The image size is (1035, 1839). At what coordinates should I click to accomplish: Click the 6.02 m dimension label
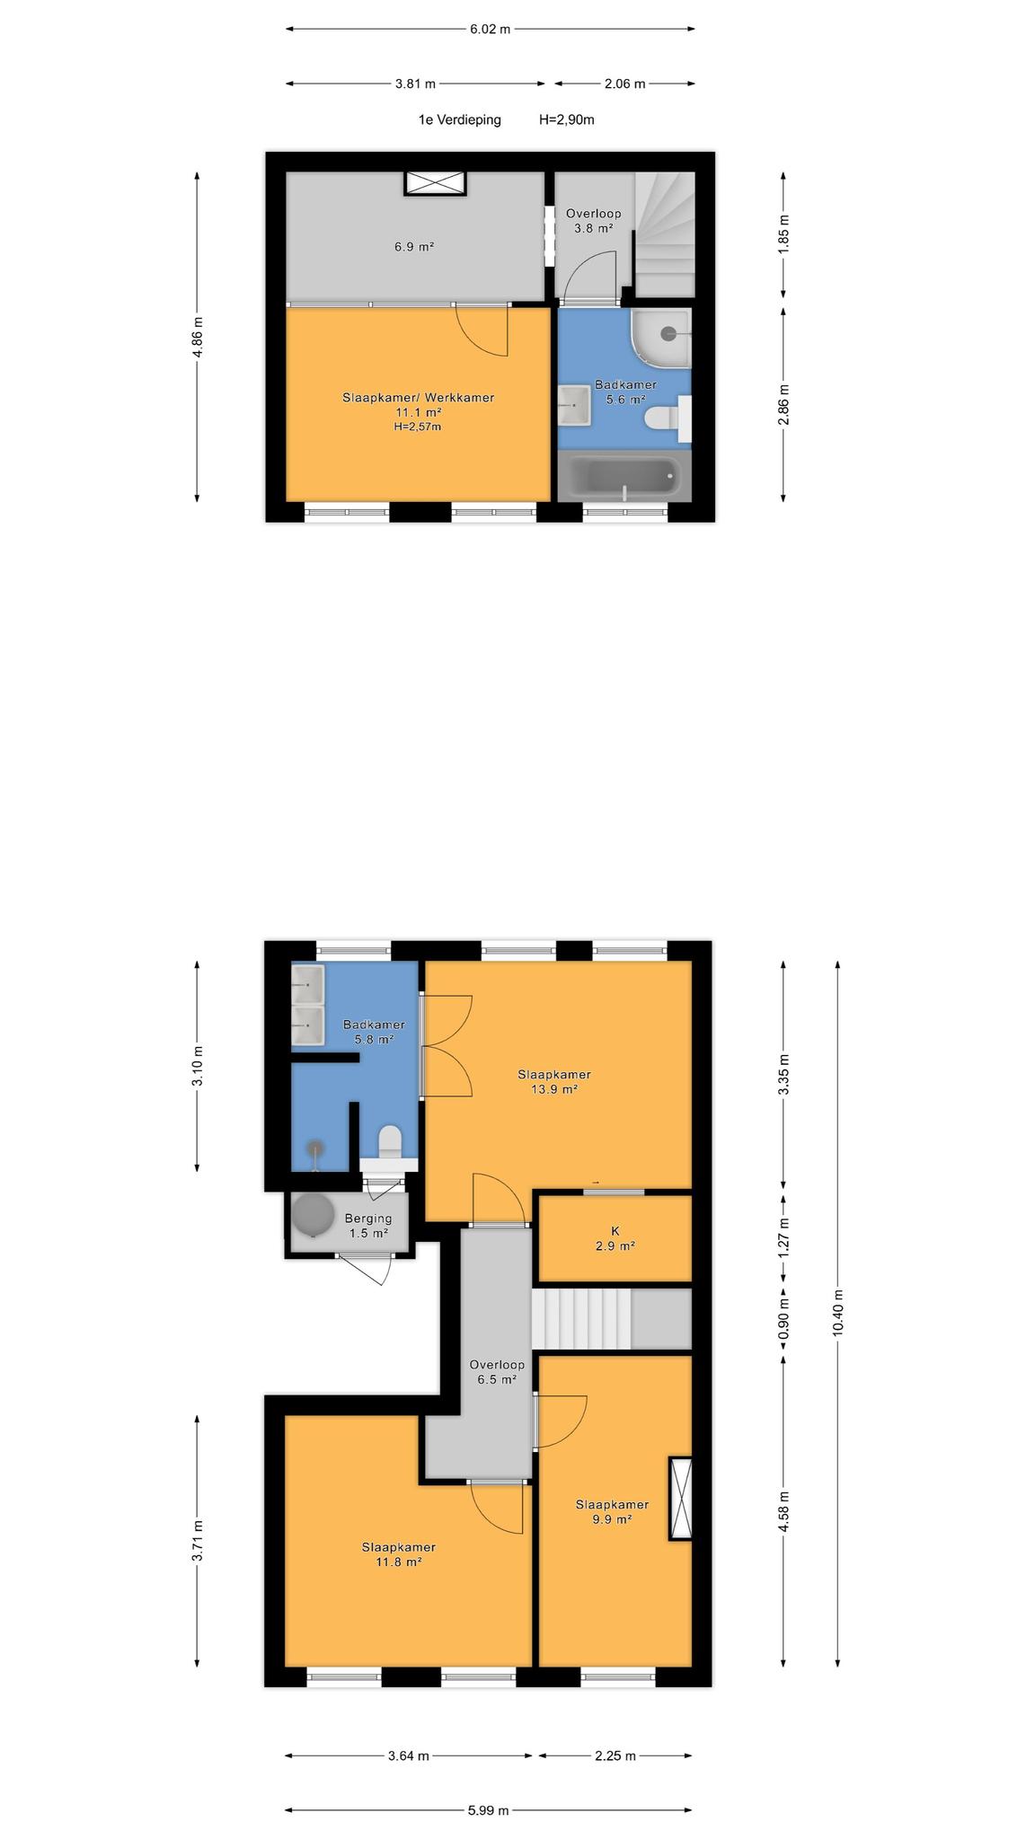[490, 29]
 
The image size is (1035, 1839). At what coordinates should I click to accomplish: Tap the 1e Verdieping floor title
[459, 119]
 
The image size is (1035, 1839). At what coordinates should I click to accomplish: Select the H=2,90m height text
[567, 119]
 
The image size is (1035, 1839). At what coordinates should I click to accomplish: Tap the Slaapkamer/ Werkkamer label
[418, 398]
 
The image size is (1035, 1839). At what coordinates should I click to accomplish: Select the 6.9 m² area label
[414, 246]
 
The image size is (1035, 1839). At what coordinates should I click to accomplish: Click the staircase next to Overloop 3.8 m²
[666, 234]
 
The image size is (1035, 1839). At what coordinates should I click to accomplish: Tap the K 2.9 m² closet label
[615, 1238]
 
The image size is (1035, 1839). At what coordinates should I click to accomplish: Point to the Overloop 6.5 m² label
[497, 1371]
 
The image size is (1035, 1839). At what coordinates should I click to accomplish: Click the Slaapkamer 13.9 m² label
[554, 1081]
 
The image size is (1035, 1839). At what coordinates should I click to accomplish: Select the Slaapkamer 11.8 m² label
[399, 1554]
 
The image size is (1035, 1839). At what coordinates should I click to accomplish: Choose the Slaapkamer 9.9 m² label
[612, 1512]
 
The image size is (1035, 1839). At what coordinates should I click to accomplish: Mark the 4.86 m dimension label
[198, 337]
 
